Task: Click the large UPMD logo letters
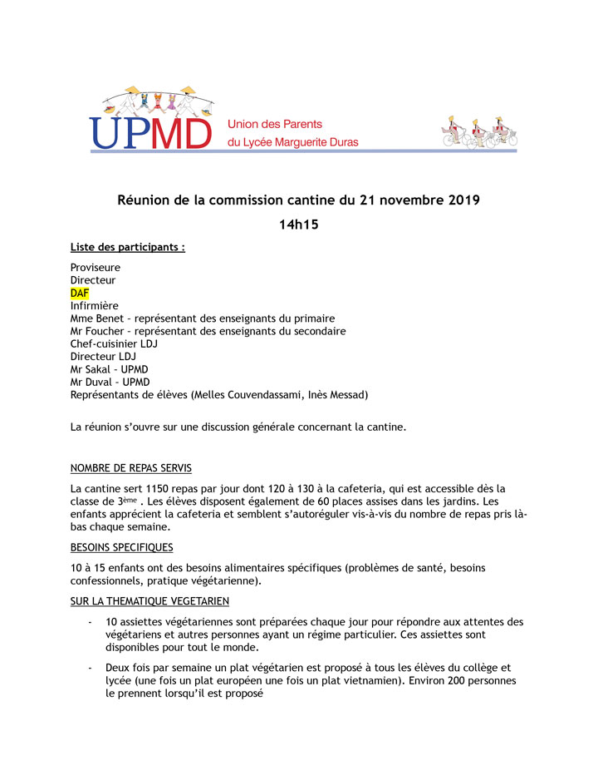[150, 132]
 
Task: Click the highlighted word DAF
[80, 294]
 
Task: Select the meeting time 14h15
[298, 225]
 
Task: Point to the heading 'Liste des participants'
[127, 247]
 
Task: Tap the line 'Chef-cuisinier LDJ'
[114, 343]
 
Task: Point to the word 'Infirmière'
[95, 306]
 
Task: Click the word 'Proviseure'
[96, 268]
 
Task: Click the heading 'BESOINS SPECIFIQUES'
[122, 547]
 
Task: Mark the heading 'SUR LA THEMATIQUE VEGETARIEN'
[149, 601]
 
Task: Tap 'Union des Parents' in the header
[275, 124]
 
